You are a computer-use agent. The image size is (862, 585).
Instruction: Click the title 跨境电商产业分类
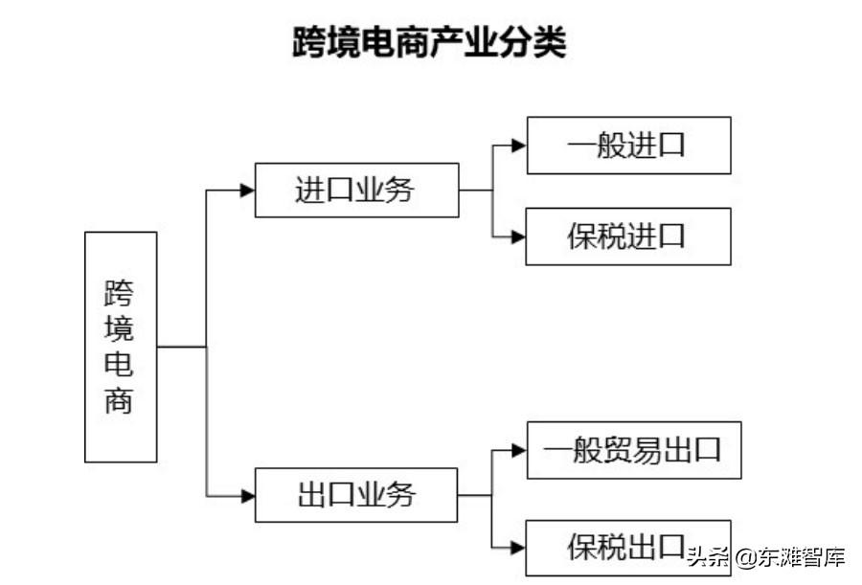429,43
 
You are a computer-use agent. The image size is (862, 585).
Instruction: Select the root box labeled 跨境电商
121,347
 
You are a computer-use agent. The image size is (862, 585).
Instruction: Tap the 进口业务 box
356,190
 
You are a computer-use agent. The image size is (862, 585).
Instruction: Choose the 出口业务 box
356,495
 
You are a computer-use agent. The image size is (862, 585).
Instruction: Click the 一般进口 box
628,146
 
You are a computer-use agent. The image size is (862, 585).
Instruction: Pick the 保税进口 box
628,236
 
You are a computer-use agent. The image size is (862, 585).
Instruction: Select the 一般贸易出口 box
633,450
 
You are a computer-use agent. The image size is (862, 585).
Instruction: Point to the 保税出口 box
628,548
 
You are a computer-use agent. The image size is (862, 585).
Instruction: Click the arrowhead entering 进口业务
247,190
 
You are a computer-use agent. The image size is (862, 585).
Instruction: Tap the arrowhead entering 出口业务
247,495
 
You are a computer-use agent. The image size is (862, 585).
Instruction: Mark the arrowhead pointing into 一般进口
519,146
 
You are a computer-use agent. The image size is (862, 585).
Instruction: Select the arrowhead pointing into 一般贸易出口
519,450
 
